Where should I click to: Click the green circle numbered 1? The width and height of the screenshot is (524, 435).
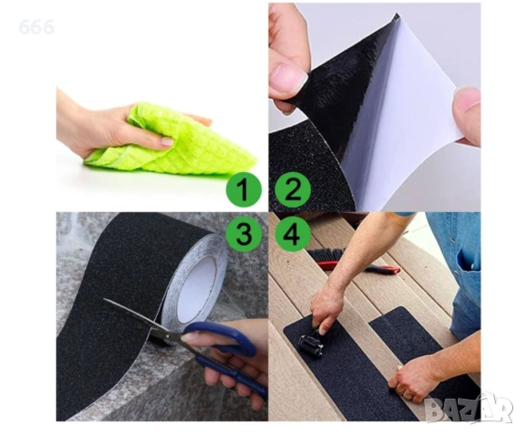pos(244,189)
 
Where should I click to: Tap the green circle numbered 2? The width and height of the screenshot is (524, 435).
pos(293,189)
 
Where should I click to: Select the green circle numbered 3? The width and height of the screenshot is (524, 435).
pos(244,234)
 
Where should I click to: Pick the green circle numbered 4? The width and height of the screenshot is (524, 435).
pos(293,233)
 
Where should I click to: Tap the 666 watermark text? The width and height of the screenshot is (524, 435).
pos(36,27)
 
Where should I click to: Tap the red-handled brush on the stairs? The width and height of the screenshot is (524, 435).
pos(354,261)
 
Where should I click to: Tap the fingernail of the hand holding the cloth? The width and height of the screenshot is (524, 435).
pos(167,141)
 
